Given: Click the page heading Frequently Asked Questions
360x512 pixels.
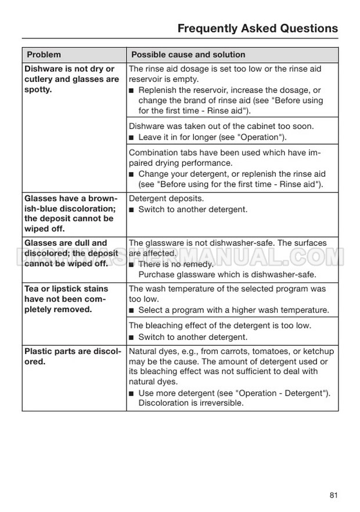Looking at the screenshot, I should (x=257, y=28).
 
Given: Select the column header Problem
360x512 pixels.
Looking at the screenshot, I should (x=44, y=55).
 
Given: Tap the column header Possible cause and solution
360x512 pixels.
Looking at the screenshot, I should (x=188, y=55).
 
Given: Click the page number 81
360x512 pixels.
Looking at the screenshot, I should (x=333, y=495).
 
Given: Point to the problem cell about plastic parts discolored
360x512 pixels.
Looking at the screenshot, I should (x=73, y=356).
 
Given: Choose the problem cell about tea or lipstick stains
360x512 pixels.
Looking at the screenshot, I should (x=66, y=299).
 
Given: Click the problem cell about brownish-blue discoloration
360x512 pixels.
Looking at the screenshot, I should (x=70, y=213).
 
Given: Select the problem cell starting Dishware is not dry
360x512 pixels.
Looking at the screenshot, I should (x=71, y=79).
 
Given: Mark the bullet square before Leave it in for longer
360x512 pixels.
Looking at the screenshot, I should (x=132, y=138).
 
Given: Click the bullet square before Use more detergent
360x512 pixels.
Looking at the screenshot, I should (x=132, y=393).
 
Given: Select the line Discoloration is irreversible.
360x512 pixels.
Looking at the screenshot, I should (x=191, y=403).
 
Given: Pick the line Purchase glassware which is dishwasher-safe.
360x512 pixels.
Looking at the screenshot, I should (x=227, y=274).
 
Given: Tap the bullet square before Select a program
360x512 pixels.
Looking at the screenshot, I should (x=132, y=310).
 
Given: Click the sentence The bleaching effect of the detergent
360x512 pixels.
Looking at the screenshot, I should (x=220, y=325).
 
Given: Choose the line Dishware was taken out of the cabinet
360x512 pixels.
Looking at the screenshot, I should (x=221, y=126).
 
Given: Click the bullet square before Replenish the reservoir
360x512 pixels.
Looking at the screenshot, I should (x=132, y=91).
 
